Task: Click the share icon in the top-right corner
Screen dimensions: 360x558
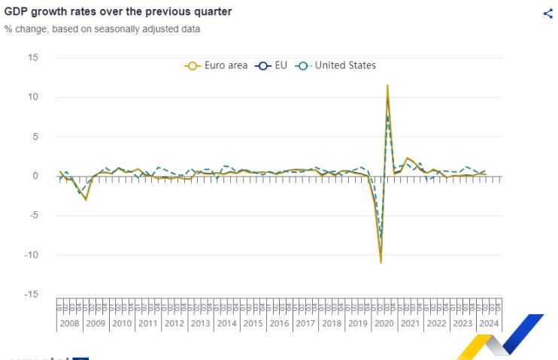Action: [547, 14]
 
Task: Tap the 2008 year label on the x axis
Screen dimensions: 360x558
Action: [69, 324]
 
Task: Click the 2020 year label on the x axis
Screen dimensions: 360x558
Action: [384, 324]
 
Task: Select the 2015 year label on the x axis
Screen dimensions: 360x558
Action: [253, 324]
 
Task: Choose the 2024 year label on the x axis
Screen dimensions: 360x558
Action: [488, 324]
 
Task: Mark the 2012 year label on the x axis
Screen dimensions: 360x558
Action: [174, 324]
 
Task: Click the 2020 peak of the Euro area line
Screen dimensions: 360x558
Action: [387, 86]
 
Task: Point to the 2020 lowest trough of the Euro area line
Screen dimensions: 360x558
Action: [381, 262]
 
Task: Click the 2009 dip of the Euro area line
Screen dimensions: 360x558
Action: [86, 199]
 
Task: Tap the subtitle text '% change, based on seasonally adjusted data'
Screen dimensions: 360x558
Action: [102, 29]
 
